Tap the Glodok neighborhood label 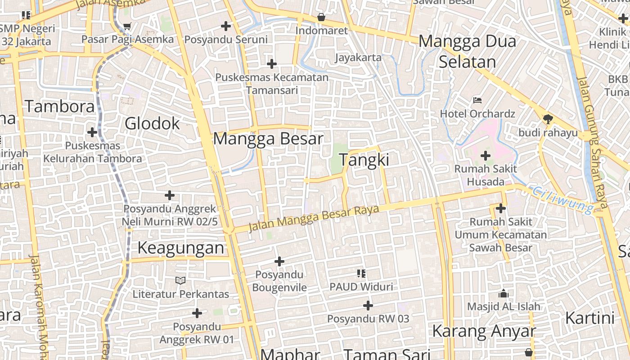[x=152, y=123]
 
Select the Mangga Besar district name [x=268, y=139]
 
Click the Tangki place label [x=364, y=160]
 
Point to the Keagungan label [x=180, y=248]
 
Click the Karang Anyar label [x=484, y=331]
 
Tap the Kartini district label [x=589, y=318]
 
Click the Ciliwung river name [x=562, y=199]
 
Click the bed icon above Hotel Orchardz [x=477, y=100]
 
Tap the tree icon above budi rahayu [x=548, y=119]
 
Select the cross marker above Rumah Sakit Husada [x=485, y=156]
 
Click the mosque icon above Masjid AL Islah [x=503, y=293]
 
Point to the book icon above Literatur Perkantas [x=180, y=281]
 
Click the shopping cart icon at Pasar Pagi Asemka [x=127, y=27]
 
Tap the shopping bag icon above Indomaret [x=321, y=18]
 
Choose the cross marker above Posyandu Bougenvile [x=279, y=261]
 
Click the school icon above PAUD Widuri [x=361, y=273]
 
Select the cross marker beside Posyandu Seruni [x=226, y=26]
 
